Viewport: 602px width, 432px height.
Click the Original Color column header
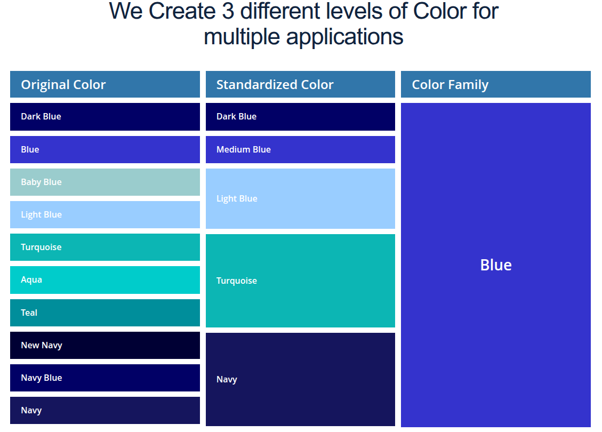coord(105,84)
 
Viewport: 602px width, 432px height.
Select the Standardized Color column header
coord(300,84)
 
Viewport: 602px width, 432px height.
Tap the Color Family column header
coord(496,84)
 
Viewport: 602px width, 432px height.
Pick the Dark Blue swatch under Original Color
coord(105,117)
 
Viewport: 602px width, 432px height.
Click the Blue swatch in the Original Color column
coord(105,149)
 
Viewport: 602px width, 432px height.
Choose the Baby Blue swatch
coord(105,182)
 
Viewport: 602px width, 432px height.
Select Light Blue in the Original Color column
coord(105,214)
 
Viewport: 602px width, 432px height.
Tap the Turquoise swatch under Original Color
coord(105,247)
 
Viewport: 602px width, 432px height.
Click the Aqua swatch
coord(105,280)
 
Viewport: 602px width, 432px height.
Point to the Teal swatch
coord(105,313)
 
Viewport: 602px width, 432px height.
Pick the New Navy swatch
coord(105,345)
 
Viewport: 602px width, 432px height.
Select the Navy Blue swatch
coord(105,378)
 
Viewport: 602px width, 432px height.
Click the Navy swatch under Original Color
coord(105,411)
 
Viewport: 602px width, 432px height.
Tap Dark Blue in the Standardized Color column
coord(300,117)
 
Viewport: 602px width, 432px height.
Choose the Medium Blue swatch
coord(300,149)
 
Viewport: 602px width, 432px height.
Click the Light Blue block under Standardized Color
coord(300,198)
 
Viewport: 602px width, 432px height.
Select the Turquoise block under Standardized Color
coord(300,281)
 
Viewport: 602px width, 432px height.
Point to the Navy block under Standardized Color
coord(300,379)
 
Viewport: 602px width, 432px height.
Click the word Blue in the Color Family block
coord(496,265)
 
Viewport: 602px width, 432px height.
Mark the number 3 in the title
coord(228,11)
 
